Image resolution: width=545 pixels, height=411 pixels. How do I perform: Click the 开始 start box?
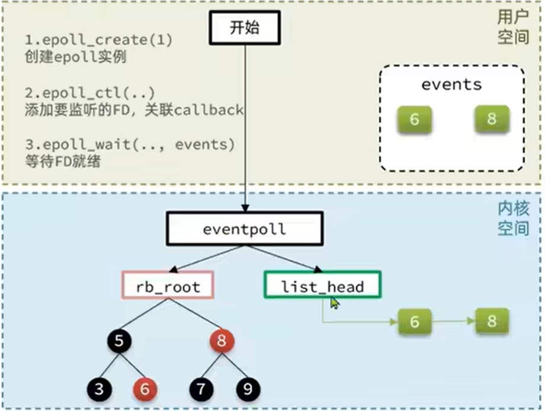[x=245, y=28]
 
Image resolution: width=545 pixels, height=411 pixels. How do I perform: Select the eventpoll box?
[x=245, y=229]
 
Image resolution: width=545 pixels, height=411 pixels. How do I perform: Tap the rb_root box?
[x=168, y=285]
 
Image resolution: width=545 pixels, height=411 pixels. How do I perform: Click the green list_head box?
[x=322, y=285]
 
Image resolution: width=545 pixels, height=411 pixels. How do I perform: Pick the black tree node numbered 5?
[x=119, y=341]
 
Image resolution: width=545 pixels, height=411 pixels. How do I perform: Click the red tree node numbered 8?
[x=222, y=341]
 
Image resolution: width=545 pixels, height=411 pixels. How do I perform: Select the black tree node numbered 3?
[x=100, y=389]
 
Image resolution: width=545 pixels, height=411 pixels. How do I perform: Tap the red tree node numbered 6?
[x=145, y=389]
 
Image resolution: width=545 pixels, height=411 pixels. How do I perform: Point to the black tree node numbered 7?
[x=201, y=389]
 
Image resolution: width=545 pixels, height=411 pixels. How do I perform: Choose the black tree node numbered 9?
[x=248, y=389]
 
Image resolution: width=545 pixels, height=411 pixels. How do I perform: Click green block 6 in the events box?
[x=414, y=120]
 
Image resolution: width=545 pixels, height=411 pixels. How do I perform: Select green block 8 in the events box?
[x=492, y=119]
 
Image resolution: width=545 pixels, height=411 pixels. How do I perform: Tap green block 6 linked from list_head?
[x=415, y=322]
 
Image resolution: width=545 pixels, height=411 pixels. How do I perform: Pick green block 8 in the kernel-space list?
[x=492, y=320]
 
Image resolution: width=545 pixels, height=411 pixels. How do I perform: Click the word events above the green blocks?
[x=451, y=85]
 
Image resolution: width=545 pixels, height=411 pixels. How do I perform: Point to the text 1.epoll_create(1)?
[x=99, y=40]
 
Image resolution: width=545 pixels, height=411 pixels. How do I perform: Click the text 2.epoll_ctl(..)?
[x=89, y=93]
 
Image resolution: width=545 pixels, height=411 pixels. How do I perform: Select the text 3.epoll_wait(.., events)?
[x=130, y=145]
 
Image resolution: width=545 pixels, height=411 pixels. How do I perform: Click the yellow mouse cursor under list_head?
[x=334, y=303]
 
